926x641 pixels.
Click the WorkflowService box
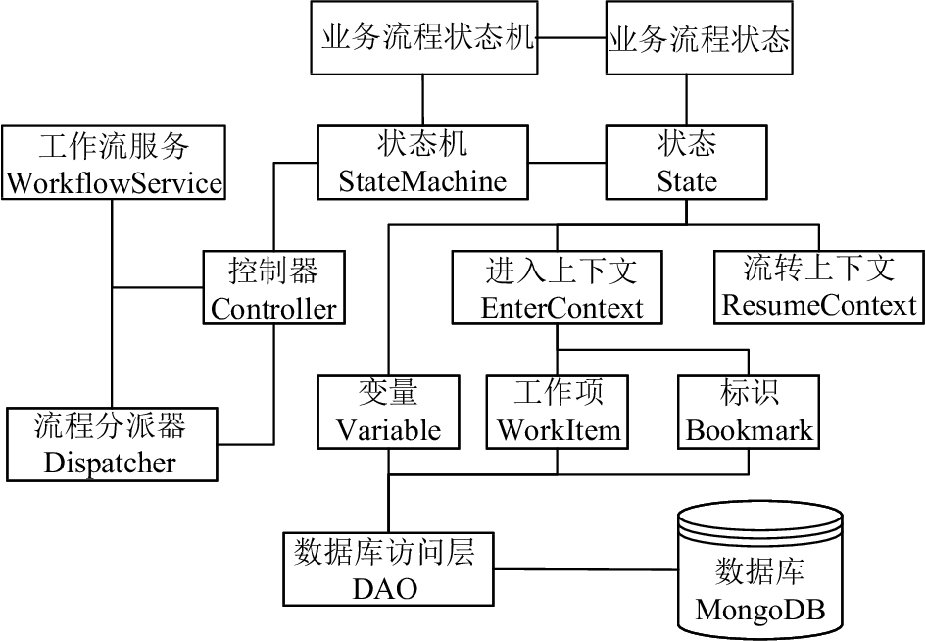click(x=114, y=163)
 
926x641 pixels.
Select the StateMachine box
click(x=422, y=163)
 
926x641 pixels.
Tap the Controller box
click(x=274, y=288)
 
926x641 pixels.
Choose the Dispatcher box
click(x=113, y=444)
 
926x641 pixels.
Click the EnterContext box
click(x=557, y=288)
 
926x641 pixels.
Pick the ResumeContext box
click(x=819, y=288)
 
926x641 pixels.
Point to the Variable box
click(x=389, y=413)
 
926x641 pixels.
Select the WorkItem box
click(x=557, y=413)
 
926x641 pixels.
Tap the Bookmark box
click(x=749, y=413)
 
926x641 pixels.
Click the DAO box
click(x=388, y=568)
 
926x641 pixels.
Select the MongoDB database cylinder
click(x=759, y=570)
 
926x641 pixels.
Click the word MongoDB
click(x=759, y=609)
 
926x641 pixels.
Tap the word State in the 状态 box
click(x=687, y=181)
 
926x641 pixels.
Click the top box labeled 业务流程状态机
click(x=424, y=38)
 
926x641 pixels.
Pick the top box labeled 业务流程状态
click(x=700, y=38)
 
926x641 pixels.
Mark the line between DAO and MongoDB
click(x=585, y=569)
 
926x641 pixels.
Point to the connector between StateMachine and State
click(x=567, y=162)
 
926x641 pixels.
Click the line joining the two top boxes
click(x=572, y=38)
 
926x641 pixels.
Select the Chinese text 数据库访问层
click(x=384, y=551)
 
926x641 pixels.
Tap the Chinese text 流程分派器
click(x=110, y=425)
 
